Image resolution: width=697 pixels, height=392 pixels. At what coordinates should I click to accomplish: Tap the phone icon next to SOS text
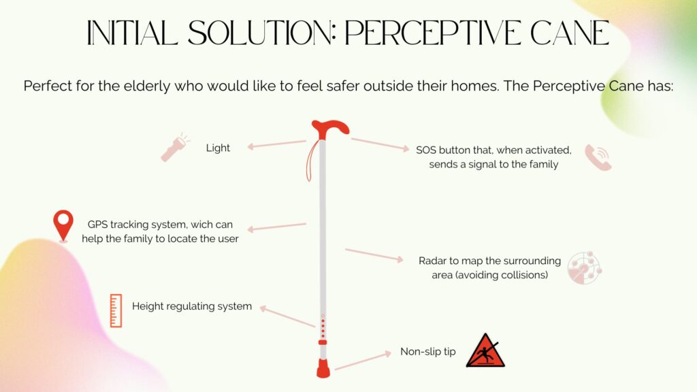coord(598,157)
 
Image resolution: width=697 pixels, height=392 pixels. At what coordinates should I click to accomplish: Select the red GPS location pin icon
coord(63,226)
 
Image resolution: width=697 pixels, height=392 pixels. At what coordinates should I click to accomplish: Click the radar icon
coord(585,267)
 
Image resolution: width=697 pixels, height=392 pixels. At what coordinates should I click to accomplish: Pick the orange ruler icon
coord(116,310)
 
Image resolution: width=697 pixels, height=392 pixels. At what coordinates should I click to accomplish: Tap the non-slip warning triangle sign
coord(485,350)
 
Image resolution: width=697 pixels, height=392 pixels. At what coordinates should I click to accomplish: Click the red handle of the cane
coord(330,129)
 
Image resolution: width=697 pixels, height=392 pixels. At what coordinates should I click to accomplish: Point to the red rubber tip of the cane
coord(323,368)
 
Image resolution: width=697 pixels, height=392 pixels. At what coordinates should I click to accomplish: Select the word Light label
coord(218,148)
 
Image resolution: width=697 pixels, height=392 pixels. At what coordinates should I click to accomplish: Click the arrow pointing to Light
coord(276,144)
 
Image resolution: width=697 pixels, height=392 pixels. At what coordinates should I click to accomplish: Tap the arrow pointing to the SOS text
coord(380,144)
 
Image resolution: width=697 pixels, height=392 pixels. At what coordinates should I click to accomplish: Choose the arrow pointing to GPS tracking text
coord(276,227)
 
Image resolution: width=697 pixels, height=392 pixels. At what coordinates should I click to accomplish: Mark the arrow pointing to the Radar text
coord(374,256)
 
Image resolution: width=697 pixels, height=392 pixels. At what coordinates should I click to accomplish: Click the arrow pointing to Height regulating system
coord(287,316)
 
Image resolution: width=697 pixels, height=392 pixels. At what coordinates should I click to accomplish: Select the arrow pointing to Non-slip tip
coord(363,360)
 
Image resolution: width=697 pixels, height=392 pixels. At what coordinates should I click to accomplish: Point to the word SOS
coord(426,150)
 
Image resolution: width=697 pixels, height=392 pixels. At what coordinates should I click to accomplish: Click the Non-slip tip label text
coord(428,352)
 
